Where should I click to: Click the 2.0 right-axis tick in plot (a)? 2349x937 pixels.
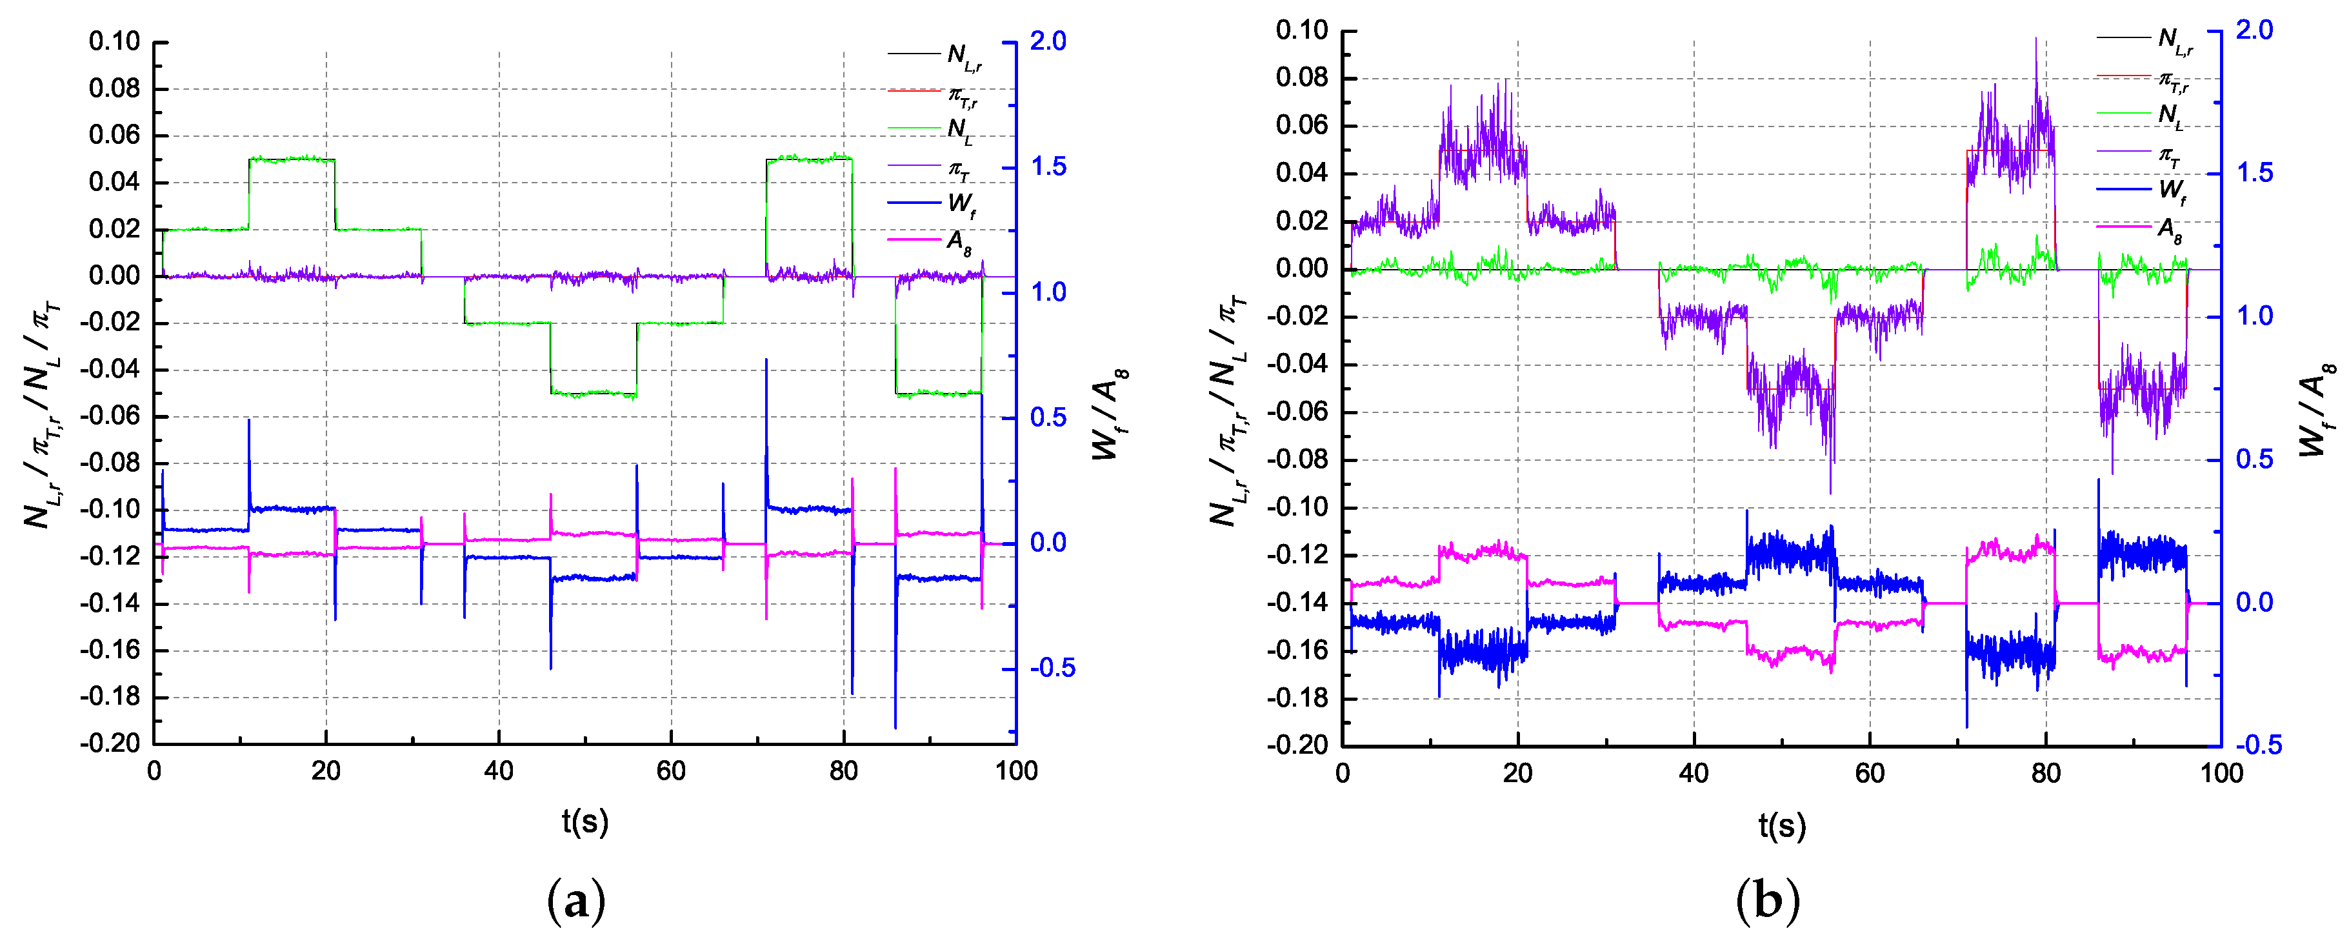coord(1048,42)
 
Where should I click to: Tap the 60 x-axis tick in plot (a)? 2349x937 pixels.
coord(671,772)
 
